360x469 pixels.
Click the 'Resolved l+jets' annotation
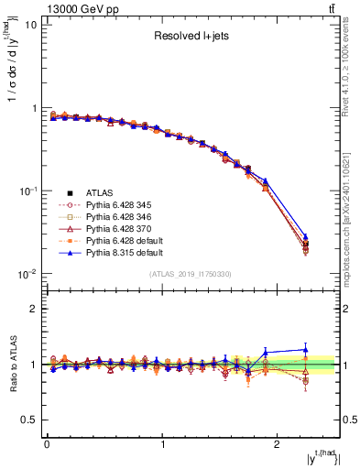(192, 37)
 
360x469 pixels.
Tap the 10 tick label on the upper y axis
(30, 25)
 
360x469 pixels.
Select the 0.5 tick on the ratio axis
(29, 420)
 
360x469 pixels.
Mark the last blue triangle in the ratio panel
(306, 349)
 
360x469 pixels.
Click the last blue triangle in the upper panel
(306, 237)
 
